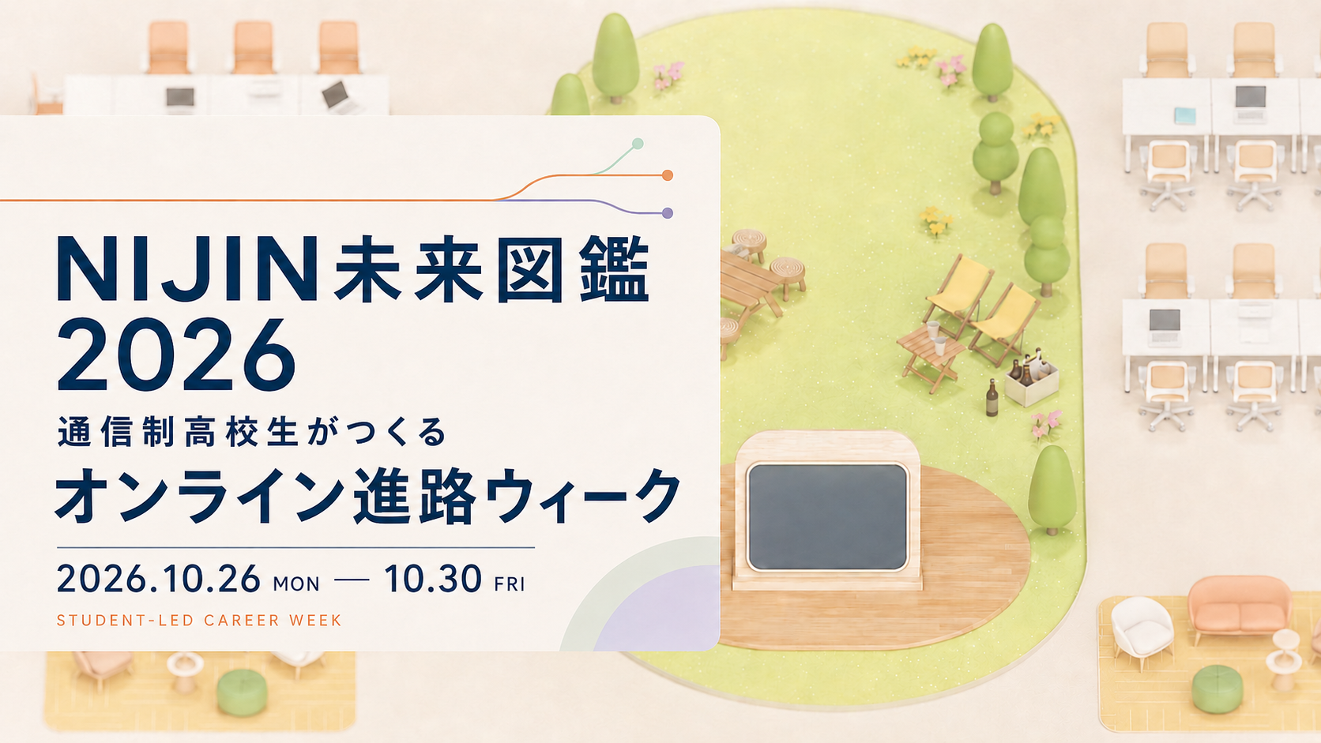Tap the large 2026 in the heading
tap(175, 355)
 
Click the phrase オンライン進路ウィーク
tap(367, 495)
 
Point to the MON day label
tap(296, 584)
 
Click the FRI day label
tap(510, 584)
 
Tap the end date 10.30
tap(433, 579)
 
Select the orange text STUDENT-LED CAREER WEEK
tap(199, 621)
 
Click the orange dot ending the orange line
tap(668, 175)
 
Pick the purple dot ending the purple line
tap(668, 213)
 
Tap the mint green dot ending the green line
tap(638, 143)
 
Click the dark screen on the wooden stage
tap(827, 516)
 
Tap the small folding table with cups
tap(931, 357)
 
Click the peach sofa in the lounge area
tap(1240, 607)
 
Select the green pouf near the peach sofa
tap(1218, 689)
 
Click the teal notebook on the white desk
tap(1185, 115)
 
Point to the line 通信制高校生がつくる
tap(252, 433)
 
